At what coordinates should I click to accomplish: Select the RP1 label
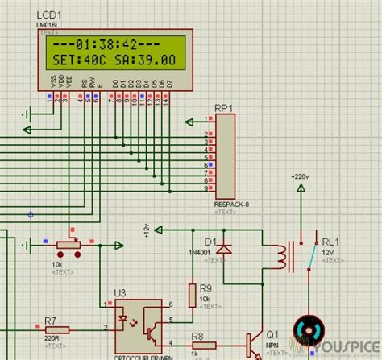pyautogui.click(x=223, y=107)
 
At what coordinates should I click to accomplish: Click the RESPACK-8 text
pyautogui.click(x=231, y=205)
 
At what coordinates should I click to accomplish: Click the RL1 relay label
pyautogui.click(x=331, y=241)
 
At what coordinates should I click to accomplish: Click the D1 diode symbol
pyautogui.click(x=225, y=249)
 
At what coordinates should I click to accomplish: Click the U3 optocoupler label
pyautogui.click(x=120, y=292)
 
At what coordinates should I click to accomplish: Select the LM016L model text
pyautogui.click(x=50, y=27)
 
